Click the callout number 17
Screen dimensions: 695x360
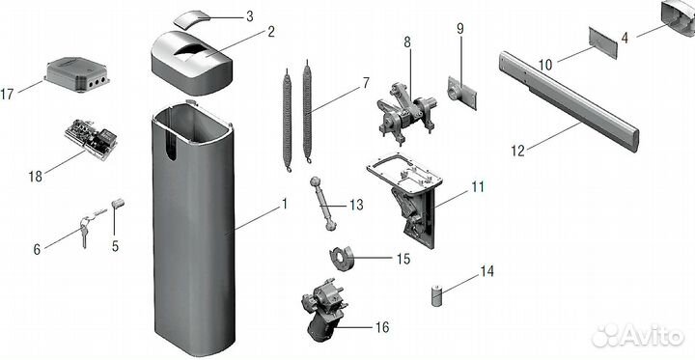point(8,94)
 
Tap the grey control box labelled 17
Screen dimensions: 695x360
point(77,74)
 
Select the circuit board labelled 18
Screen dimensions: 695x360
point(92,138)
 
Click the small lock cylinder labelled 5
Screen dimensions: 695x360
point(118,204)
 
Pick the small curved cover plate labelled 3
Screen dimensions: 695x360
point(190,19)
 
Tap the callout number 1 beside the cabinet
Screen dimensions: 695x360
point(284,205)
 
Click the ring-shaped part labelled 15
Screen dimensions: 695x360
point(341,259)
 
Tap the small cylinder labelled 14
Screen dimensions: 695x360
point(436,296)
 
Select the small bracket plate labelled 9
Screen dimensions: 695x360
point(461,93)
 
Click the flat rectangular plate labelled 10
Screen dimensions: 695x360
point(602,42)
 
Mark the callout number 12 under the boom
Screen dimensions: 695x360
point(517,151)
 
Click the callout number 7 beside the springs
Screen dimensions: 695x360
point(365,83)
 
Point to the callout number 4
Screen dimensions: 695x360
point(625,39)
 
